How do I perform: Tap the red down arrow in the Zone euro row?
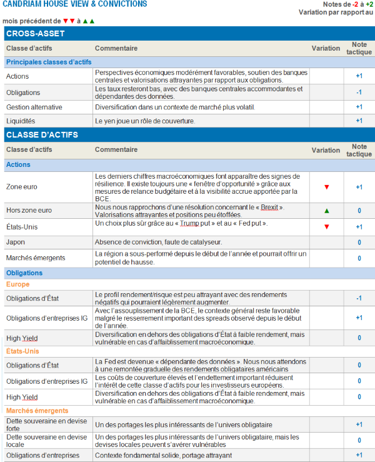pos(326,187)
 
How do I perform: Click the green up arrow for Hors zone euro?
pos(326,211)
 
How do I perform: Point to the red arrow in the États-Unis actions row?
pos(326,226)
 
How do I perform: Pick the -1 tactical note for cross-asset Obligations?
pos(359,93)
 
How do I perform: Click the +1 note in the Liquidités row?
pos(359,121)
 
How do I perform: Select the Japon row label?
pos(16,242)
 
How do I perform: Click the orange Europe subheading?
pos(17,284)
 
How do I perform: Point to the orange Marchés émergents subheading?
pos(37,410)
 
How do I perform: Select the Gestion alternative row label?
pos(34,107)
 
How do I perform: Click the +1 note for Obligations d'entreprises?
pos(359,455)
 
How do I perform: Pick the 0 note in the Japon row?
pos(359,242)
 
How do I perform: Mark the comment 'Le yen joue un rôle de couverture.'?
pos(145,121)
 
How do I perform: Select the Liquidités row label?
pos(21,121)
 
